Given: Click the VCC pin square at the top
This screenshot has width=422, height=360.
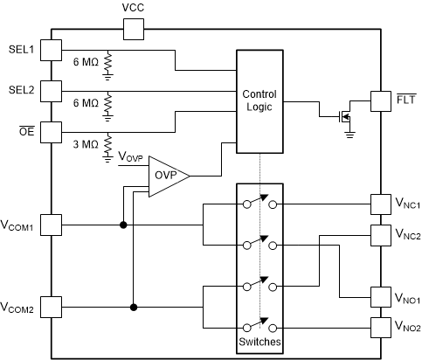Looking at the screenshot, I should click(x=133, y=30).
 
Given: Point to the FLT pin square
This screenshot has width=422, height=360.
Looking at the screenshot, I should click(x=382, y=100).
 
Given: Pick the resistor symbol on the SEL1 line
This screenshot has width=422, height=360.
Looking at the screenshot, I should click(x=108, y=64).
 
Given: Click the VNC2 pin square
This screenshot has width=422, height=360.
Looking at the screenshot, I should click(x=382, y=235).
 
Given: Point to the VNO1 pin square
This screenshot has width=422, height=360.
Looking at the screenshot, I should click(x=382, y=297).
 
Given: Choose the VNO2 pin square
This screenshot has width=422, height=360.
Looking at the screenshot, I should click(x=382, y=328).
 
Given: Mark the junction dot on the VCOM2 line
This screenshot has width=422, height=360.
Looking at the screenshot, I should click(x=133, y=307).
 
